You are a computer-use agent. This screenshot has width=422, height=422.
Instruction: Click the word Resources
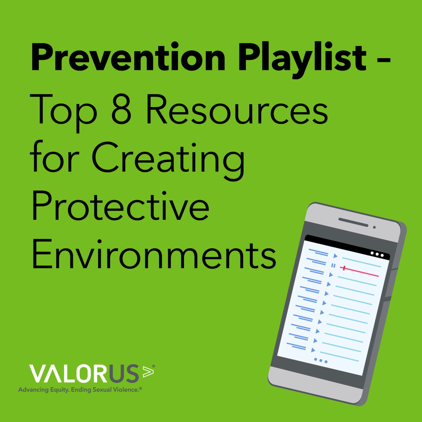point(237,109)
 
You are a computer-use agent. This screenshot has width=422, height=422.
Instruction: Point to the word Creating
point(168,161)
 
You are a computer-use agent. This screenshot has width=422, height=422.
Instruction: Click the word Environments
point(154,254)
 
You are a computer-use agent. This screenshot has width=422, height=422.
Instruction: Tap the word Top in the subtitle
point(63,113)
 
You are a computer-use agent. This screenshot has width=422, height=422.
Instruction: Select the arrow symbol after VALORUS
point(148,371)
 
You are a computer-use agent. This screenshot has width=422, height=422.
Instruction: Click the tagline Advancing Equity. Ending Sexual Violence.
point(80,390)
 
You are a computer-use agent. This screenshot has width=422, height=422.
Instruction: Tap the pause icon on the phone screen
point(333,265)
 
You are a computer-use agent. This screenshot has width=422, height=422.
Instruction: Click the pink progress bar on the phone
point(359,271)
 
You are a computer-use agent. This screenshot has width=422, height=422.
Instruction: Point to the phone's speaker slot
point(353,222)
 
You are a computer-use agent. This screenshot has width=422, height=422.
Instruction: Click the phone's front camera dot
point(374,227)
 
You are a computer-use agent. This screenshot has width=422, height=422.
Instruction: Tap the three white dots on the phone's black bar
point(377,254)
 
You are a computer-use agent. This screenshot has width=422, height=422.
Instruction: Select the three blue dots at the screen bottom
point(321,360)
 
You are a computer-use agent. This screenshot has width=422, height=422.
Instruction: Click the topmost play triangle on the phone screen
point(335,256)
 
